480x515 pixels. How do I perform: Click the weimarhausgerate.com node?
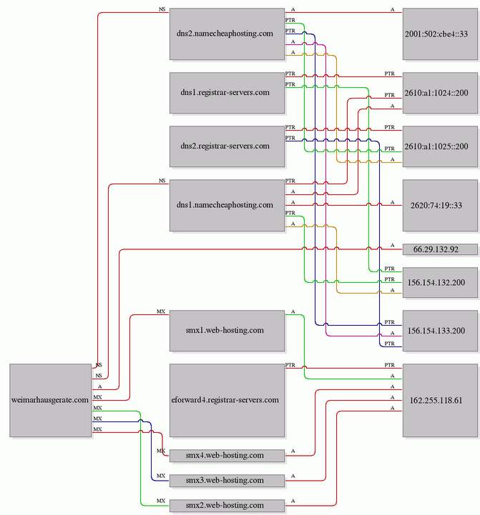point(50,400)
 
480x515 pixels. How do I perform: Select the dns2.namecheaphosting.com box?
point(227,34)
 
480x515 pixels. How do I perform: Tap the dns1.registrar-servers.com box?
point(227,93)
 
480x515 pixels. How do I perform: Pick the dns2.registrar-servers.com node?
point(227,146)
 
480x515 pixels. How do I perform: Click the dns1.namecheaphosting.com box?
point(227,205)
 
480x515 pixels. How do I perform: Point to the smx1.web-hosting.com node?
point(227,331)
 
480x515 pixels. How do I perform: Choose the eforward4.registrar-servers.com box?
point(227,400)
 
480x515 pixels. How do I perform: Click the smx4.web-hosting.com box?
point(227,456)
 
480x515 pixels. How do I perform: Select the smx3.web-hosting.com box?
point(227,481)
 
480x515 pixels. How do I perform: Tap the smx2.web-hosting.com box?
point(227,506)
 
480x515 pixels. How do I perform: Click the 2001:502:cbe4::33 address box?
point(440,34)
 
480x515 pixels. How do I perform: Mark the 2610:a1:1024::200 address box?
point(440,93)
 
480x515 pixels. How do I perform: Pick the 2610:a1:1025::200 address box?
point(440,146)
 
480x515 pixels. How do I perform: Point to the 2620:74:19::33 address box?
point(440,205)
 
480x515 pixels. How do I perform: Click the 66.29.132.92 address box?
point(440,249)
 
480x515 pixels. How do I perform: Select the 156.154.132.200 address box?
point(440,282)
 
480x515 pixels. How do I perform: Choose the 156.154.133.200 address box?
point(440,331)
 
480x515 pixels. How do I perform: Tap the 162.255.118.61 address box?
point(440,400)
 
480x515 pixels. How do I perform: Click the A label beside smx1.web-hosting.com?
point(293,311)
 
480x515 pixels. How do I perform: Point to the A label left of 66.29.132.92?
point(392,245)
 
